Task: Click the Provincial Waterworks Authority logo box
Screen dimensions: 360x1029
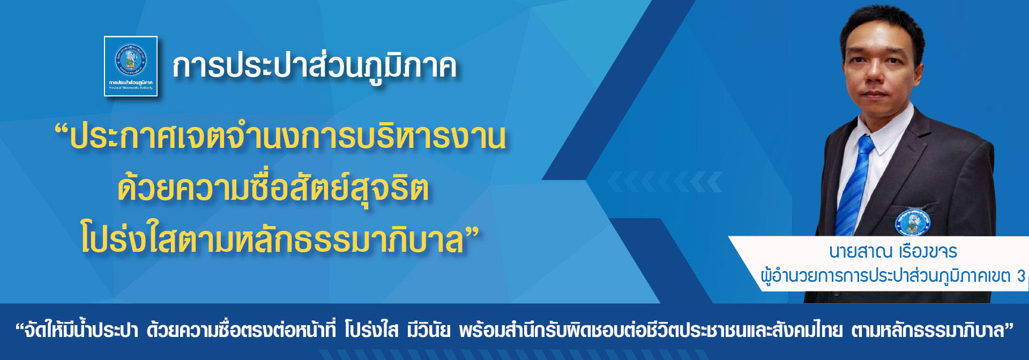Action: coord(131,66)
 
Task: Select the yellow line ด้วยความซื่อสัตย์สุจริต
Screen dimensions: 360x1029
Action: coord(273,190)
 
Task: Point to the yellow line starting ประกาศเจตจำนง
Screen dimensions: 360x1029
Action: coord(289,137)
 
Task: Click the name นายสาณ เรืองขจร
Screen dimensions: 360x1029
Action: coord(893,251)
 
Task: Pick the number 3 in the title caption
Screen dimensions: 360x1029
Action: coord(1021,276)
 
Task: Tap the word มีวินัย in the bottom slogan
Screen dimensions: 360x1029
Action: coord(428,331)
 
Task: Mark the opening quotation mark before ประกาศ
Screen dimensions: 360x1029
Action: coord(62,131)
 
